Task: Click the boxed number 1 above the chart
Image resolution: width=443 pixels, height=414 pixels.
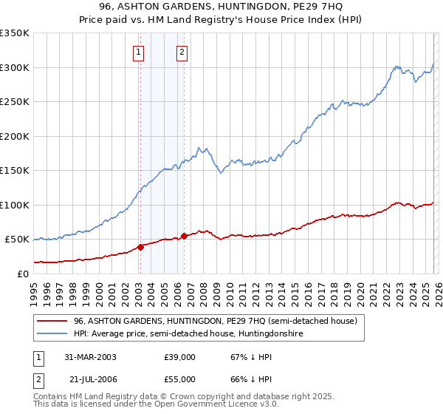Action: point(139,52)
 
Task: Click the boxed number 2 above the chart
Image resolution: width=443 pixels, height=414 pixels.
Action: point(182,52)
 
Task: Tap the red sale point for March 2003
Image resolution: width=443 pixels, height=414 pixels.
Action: point(140,247)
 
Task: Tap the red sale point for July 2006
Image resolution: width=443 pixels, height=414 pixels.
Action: point(184,236)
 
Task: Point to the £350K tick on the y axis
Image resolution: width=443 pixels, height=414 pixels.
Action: point(14,33)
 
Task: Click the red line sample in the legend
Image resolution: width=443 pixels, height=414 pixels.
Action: point(52,321)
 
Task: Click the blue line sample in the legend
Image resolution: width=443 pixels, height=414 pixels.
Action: point(52,334)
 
